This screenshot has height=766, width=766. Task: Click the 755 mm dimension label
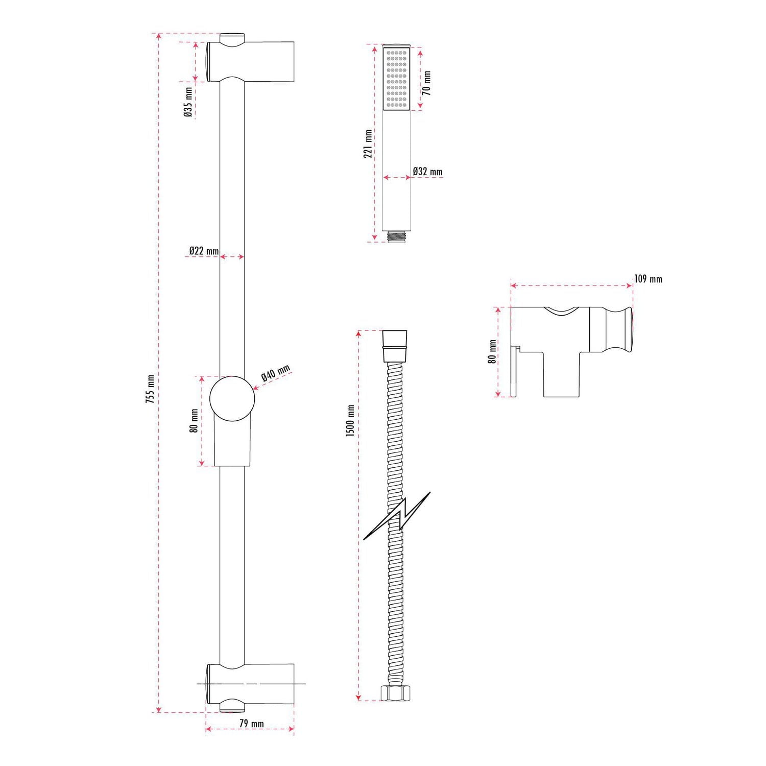pyautogui.click(x=150, y=389)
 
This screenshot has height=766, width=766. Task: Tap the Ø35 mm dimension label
pyautogui.click(x=188, y=103)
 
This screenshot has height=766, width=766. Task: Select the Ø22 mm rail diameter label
pyautogui.click(x=204, y=251)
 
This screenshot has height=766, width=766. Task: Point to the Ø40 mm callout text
pyautogui.click(x=275, y=373)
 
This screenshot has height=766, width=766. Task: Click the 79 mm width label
pyautogui.click(x=251, y=724)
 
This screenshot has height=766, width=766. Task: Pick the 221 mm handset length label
pyautogui.click(x=368, y=144)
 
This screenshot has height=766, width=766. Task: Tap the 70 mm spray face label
pyautogui.click(x=427, y=83)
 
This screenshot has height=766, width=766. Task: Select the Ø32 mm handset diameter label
pyautogui.click(x=427, y=172)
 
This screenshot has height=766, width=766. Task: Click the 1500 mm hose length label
pyautogui.click(x=350, y=421)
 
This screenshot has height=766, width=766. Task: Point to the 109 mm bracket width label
pyautogui.click(x=648, y=279)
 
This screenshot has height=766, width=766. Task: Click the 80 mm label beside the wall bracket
pyautogui.click(x=492, y=351)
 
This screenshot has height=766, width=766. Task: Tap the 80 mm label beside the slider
pyautogui.click(x=194, y=420)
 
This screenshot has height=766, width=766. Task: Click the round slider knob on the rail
pyautogui.click(x=232, y=398)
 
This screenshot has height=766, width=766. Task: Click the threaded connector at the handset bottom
pyautogui.click(x=396, y=236)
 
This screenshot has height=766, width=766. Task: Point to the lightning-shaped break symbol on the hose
pyautogui.click(x=397, y=516)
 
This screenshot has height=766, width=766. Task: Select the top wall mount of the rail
pyautogui.click(x=250, y=61)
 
